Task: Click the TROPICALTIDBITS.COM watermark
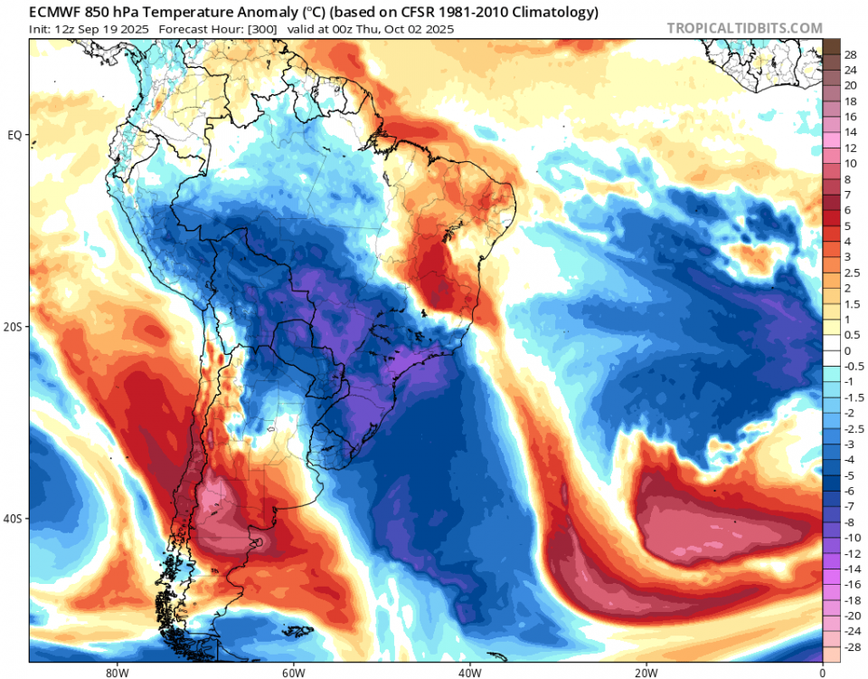744,28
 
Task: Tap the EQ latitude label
15,135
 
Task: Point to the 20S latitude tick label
14,327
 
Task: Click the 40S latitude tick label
14,519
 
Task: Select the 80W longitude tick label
115,672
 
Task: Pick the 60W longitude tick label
292,672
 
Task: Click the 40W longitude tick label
468,672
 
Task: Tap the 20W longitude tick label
645,672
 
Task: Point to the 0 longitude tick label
822,672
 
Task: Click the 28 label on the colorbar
850,54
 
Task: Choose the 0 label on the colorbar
847,350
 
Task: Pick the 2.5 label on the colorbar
852,273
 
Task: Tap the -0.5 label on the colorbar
853,366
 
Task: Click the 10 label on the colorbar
850,164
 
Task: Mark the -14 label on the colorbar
852,569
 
